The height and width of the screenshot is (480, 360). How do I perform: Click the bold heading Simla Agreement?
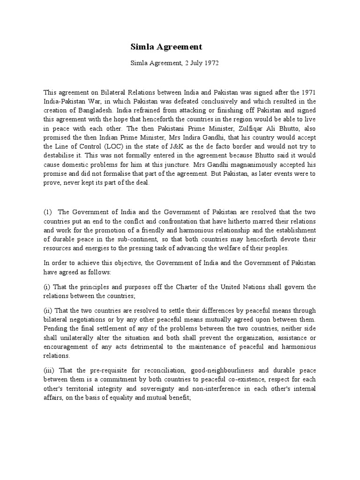click(166, 47)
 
